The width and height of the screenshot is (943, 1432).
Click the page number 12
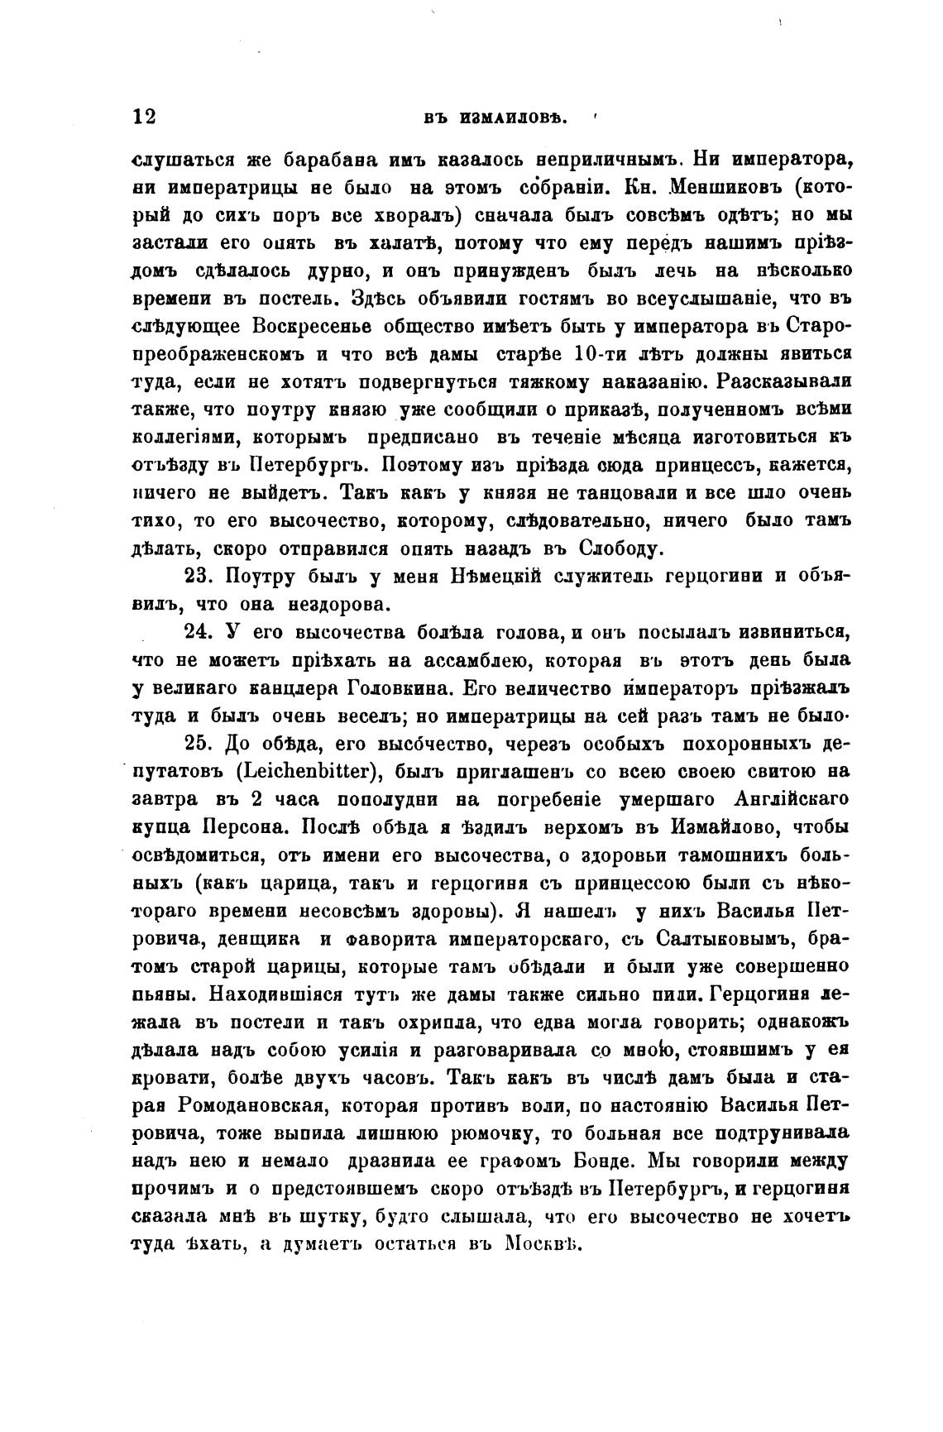click(144, 117)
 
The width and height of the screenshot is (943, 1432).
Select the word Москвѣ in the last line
click(544, 1245)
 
